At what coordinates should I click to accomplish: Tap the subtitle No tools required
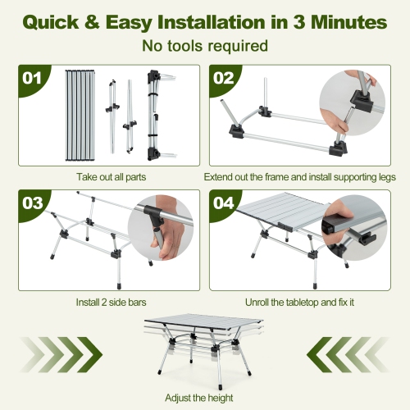click(x=204, y=46)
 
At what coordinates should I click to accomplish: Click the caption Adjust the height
click(x=204, y=397)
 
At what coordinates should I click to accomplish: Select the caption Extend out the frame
click(x=299, y=177)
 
